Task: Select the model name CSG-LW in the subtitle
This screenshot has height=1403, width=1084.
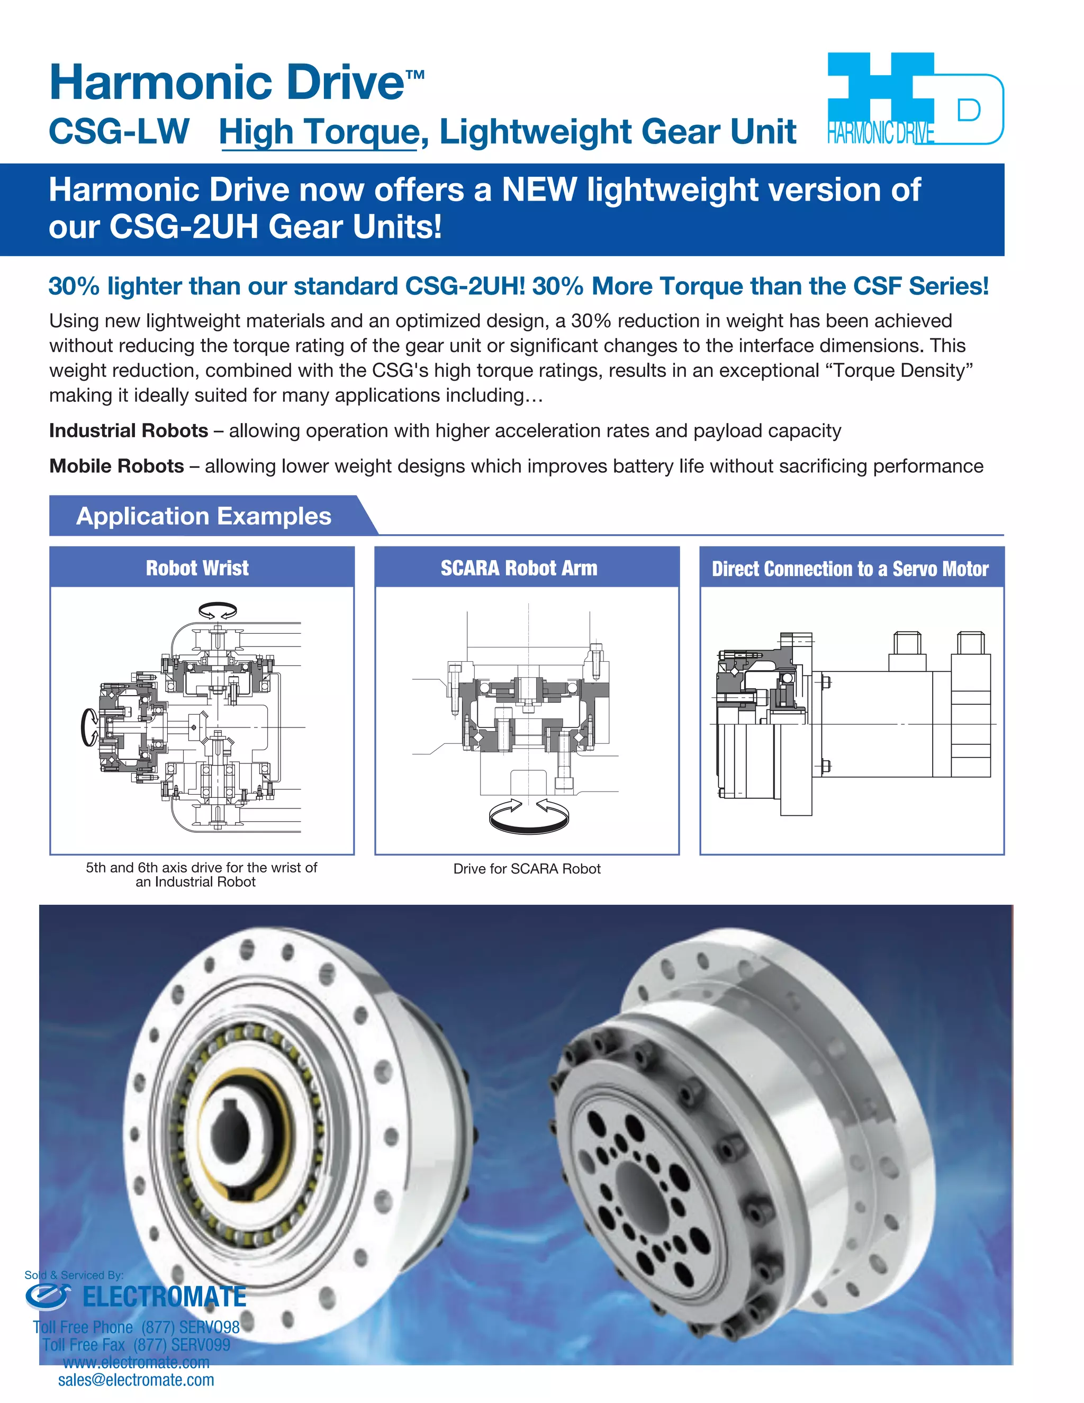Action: point(120,132)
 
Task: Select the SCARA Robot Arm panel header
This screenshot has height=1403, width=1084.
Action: point(519,568)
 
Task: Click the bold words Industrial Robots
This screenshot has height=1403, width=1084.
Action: point(129,430)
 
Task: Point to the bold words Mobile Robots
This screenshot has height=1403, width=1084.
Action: point(116,466)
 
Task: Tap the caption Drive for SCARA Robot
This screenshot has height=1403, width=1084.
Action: point(527,868)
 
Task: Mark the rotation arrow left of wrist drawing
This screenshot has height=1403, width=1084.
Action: point(88,727)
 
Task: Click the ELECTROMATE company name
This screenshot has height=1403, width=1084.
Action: point(165,1297)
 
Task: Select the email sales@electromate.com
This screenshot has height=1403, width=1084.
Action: point(136,1379)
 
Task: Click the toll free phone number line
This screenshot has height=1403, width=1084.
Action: point(136,1327)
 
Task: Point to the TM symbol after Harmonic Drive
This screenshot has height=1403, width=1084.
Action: point(415,75)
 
